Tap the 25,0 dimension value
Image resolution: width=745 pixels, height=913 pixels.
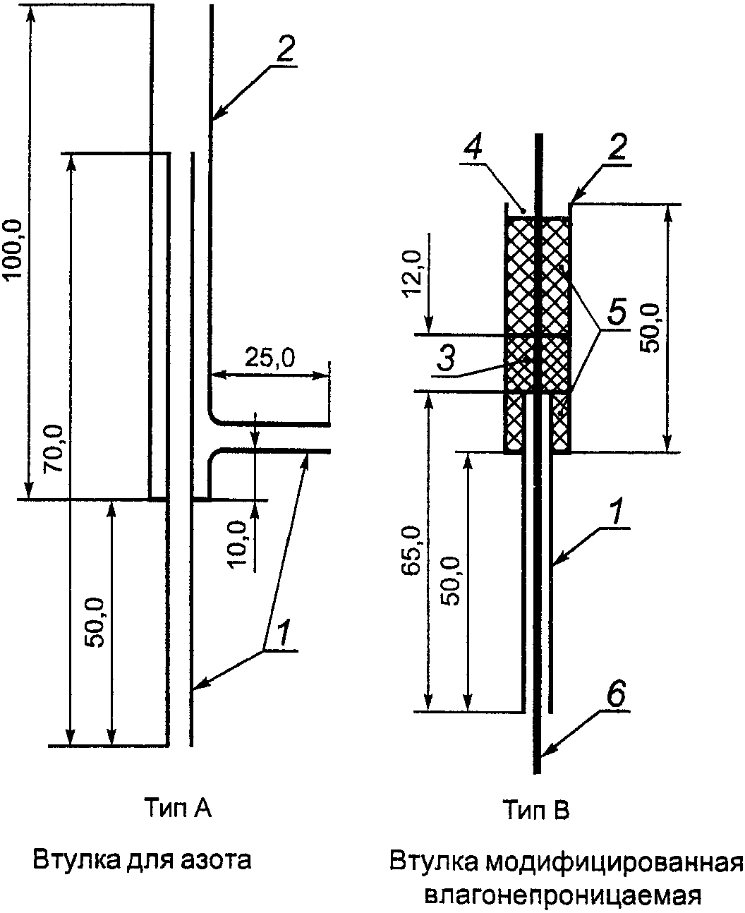coord(269,357)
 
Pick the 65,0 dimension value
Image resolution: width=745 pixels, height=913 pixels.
coord(411,551)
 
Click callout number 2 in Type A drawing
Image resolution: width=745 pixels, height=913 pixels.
coord(285,49)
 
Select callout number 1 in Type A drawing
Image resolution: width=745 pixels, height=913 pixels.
coord(282,634)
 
